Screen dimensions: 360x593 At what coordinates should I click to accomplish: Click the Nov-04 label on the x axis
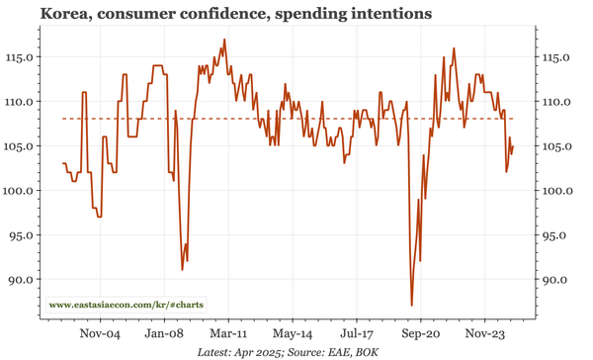point(99,335)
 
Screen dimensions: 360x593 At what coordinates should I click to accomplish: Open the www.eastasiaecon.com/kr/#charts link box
point(126,305)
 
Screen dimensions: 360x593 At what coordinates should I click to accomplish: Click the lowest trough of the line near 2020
point(411,306)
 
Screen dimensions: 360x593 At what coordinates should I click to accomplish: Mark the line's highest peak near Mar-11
point(224,40)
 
